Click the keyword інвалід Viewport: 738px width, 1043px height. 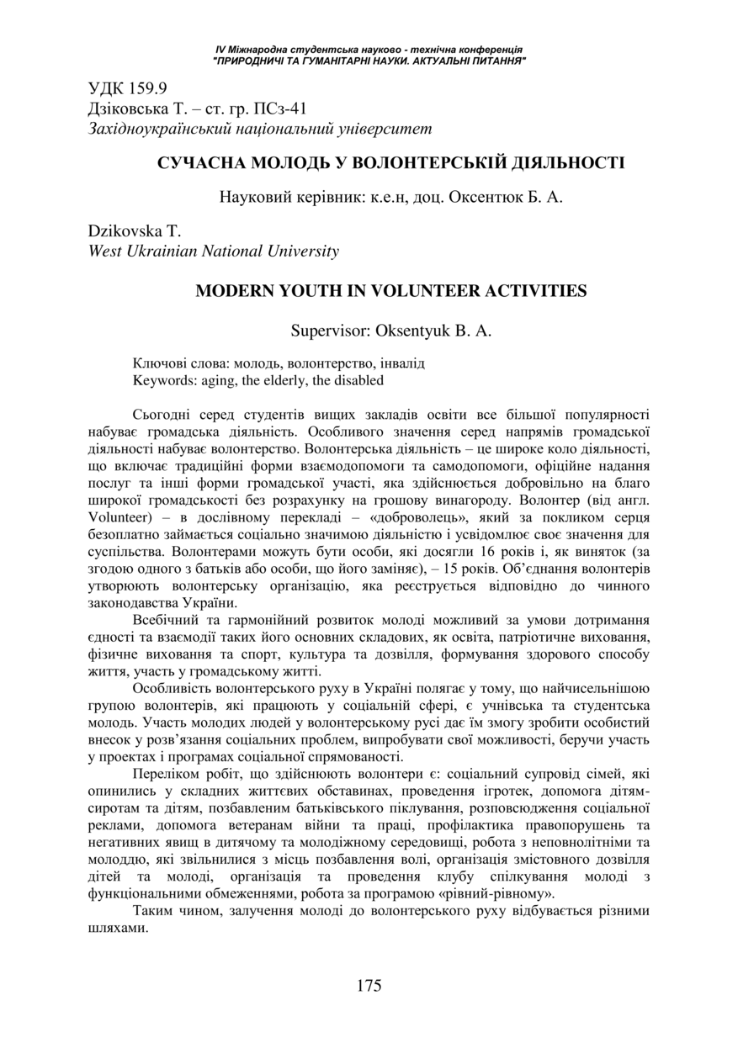[x=401, y=364]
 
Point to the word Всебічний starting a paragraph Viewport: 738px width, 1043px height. [x=165, y=622]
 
